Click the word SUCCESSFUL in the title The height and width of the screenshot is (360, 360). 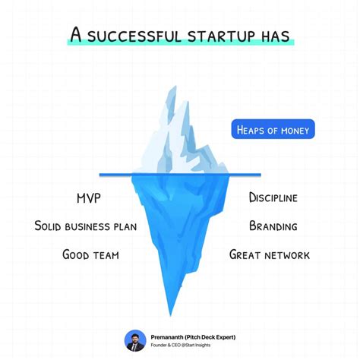pos(128,35)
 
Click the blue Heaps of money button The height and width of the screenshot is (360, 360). pos(273,131)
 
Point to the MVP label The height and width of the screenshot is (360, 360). pos(88,198)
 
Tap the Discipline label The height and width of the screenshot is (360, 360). pos(273,198)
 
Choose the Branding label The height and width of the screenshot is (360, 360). pos(273,226)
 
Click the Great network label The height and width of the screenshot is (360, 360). pos(269,254)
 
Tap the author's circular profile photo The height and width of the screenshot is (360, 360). pos(134,341)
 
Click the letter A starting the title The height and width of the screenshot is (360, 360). pos(76,35)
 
